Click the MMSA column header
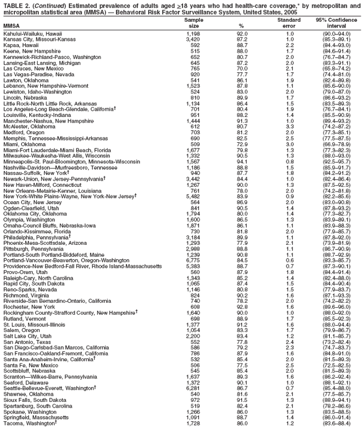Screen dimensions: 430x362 [x=11, y=26]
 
